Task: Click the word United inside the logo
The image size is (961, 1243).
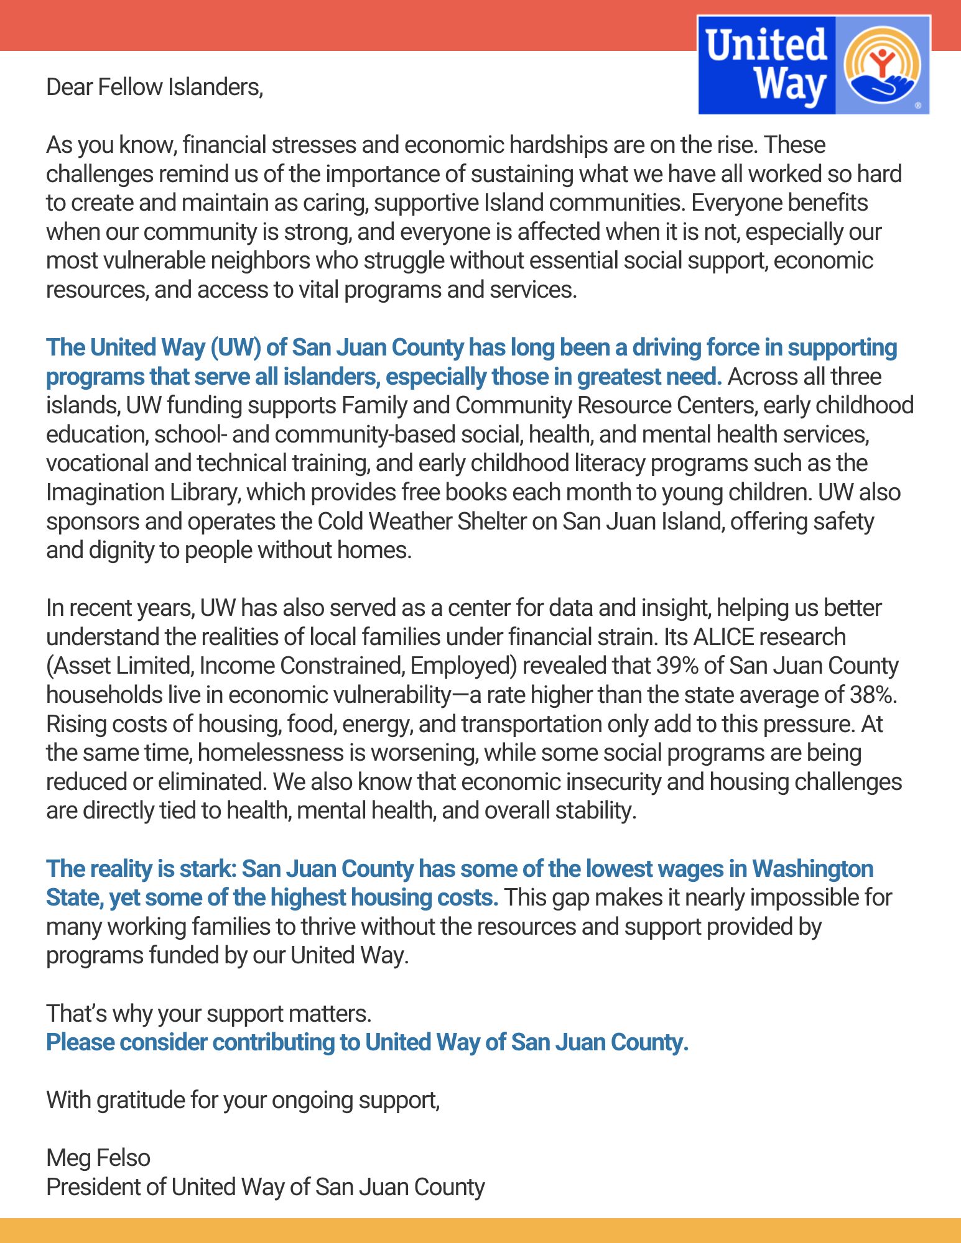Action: point(766,45)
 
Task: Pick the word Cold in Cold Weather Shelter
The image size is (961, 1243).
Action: point(340,521)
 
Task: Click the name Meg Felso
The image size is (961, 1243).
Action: point(98,1158)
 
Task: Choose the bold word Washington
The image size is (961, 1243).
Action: point(812,869)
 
